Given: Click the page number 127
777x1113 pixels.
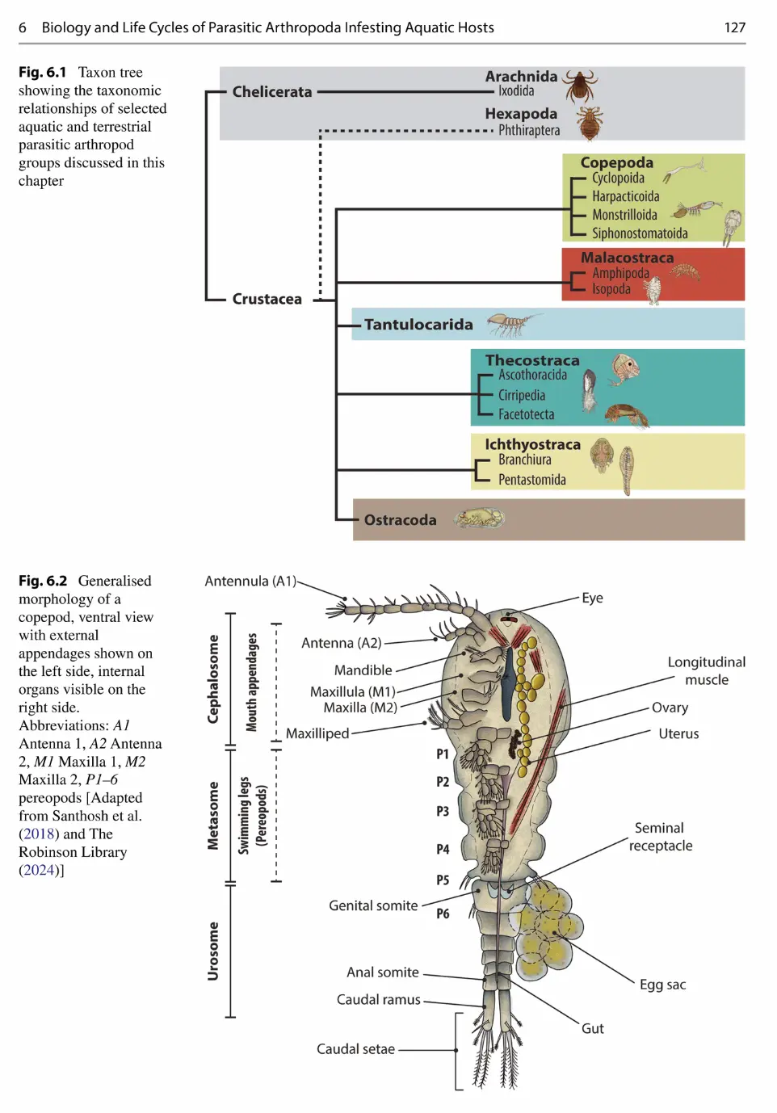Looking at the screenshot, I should (734, 27).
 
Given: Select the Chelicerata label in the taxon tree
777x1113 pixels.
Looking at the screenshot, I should (271, 92).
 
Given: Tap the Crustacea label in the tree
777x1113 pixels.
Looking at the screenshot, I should (267, 299).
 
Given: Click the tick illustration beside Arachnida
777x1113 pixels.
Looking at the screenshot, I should (580, 84).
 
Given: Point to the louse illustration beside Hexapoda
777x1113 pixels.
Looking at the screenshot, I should (590, 124).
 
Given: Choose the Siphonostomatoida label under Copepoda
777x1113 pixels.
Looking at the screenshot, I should (640, 233).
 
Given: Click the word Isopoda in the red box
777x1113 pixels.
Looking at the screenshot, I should (611, 289).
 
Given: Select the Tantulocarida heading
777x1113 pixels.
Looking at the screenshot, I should (418, 325).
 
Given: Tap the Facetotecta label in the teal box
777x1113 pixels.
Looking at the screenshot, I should (526, 414).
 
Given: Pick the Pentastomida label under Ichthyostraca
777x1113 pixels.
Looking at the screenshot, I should (531, 480).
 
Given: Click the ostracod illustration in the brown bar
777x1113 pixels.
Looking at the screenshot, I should (480, 519).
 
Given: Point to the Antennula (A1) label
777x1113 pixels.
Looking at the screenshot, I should (250, 582).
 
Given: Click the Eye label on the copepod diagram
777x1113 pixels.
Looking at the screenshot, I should (592, 598).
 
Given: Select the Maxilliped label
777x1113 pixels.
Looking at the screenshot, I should (317, 733).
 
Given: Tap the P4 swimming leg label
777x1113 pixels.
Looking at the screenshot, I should (443, 849).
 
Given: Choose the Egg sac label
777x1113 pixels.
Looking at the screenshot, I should (662, 985).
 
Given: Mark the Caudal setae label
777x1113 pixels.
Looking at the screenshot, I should (355, 1049).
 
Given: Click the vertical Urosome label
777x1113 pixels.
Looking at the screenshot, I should (213, 951).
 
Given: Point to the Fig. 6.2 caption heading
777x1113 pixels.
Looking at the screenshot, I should (43, 581).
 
